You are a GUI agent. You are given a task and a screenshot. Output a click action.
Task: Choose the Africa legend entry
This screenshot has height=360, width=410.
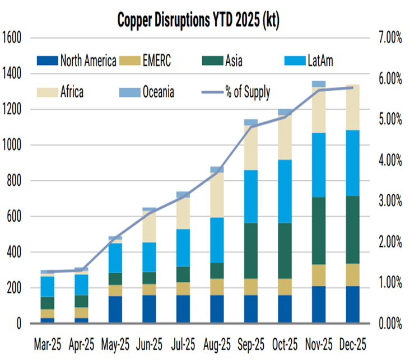tap(62, 92)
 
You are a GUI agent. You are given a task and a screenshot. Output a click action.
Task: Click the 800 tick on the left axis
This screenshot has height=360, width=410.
tap(14, 181)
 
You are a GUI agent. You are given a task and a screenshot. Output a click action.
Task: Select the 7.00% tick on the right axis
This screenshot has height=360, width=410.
tap(388, 38)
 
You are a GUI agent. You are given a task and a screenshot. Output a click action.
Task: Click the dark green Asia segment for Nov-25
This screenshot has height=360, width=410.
tap(319, 231)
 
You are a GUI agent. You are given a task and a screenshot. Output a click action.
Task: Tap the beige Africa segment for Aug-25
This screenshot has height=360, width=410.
tap(217, 194)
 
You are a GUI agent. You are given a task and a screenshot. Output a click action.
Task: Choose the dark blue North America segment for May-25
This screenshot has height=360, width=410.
tap(115, 310)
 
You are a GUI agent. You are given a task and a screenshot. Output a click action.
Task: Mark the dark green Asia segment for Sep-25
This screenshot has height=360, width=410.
tap(250, 250)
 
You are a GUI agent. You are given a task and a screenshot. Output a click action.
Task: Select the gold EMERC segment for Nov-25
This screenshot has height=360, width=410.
tap(319, 275)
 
